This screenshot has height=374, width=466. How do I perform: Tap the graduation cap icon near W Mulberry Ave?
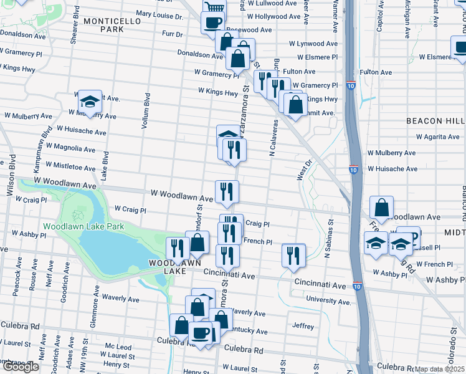click(90, 102)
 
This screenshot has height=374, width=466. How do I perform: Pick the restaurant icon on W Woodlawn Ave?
click(226, 191)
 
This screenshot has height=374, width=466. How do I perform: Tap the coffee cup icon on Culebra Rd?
click(200, 333)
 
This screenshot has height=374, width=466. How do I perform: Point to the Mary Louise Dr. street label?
click(159, 14)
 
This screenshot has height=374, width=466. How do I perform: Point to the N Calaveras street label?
click(272, 137)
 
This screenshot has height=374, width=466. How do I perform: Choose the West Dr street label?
click(303, 167)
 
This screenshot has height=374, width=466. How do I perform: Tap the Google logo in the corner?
click(21, 367)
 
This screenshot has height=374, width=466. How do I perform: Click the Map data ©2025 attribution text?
click(440, 369)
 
